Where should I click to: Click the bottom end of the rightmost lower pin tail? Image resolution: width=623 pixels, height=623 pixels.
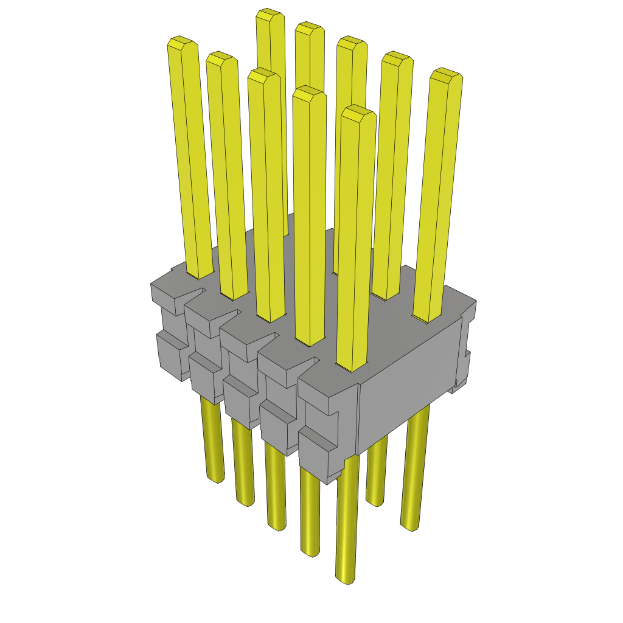[409, 526]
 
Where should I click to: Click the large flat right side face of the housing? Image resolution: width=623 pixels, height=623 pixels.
[408, 383]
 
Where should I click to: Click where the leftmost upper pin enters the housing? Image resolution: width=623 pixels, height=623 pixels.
[200, 275]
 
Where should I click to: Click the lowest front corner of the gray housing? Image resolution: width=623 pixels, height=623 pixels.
[329, 481]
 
